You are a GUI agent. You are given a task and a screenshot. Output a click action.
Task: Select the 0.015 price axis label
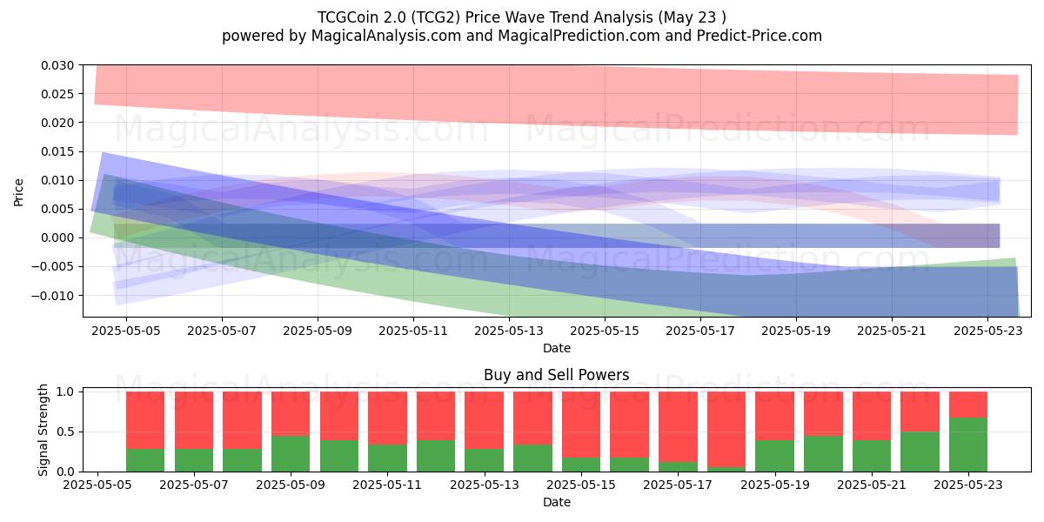[57, 151]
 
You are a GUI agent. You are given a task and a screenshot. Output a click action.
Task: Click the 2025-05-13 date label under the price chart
[509, 331]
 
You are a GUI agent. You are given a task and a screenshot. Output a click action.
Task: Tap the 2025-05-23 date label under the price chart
[988, 331]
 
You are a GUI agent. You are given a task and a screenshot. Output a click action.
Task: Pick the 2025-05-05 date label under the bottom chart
[97, 485]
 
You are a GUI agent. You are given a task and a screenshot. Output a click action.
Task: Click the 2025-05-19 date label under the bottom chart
[775, 485]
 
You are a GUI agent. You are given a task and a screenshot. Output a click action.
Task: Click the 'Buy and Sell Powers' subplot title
[557, 375]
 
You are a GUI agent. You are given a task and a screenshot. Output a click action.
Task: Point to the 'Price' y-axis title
[18, 192]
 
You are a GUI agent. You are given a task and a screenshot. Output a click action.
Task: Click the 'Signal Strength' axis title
[43, 430]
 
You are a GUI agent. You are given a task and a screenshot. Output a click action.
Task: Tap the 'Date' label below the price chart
[557, 348]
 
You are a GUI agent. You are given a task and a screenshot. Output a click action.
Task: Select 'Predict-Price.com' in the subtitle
[760, 36]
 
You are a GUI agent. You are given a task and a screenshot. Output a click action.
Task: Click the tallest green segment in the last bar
[968, 445]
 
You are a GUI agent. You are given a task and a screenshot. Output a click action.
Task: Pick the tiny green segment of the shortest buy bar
[726, 469]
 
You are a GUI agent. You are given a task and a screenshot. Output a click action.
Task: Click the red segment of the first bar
[145, 420]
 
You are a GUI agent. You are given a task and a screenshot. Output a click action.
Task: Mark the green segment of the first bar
[145, 460]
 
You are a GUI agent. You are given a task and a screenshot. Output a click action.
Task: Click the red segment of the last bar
[968, 405]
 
